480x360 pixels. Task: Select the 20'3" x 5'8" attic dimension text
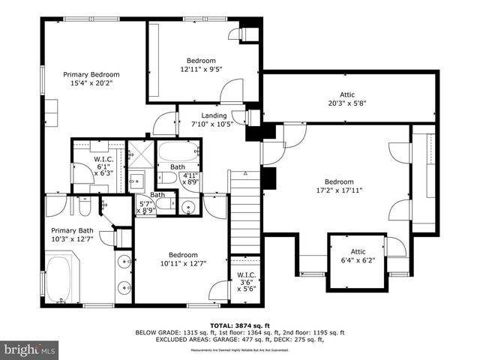pos(347,103)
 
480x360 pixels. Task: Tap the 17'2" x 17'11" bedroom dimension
pos(339,190)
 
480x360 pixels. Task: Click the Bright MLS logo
pos(30,349)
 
